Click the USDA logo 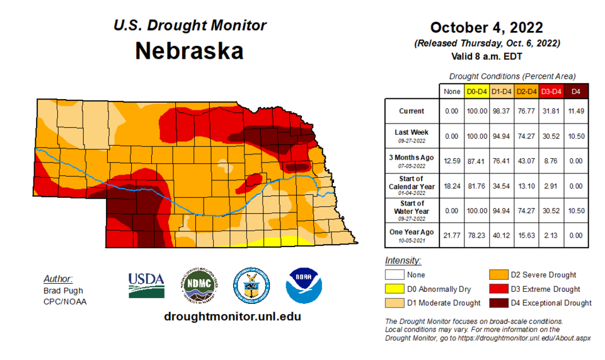(x=146, y=285)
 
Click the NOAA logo (x=304, y=285)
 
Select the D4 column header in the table (x=575, y=91)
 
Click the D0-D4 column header (x=476, y=91)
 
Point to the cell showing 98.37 (x=501, y=111)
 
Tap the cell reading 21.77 (x=452, y=235)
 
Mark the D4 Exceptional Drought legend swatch (x=499, y=303)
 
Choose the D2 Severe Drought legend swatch (x=499, y=275)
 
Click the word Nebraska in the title (x=189, y=51)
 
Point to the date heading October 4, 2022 (x=486, y=28)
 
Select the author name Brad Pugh (x=63, y=291)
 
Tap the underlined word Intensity (x=403, y=260)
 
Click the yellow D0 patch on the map (x=277, y=241)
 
